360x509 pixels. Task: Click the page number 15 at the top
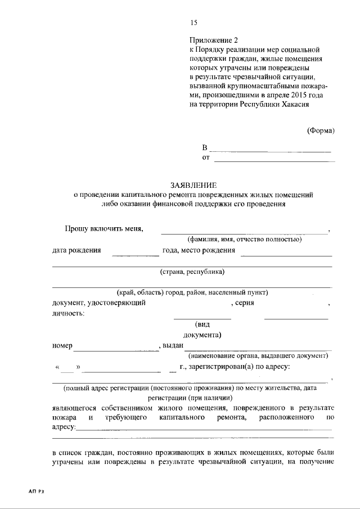pos(194,23)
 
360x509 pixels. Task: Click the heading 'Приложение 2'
pos(214,40)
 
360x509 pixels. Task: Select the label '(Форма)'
pos(321,130)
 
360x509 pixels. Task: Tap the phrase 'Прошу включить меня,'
pos(103,228)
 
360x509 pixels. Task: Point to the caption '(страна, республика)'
pos(192,272)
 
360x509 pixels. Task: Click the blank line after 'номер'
pos(116,350)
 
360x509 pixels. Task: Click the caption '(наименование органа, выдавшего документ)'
pos(258,356)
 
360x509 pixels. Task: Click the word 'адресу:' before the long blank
pos(64,427)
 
